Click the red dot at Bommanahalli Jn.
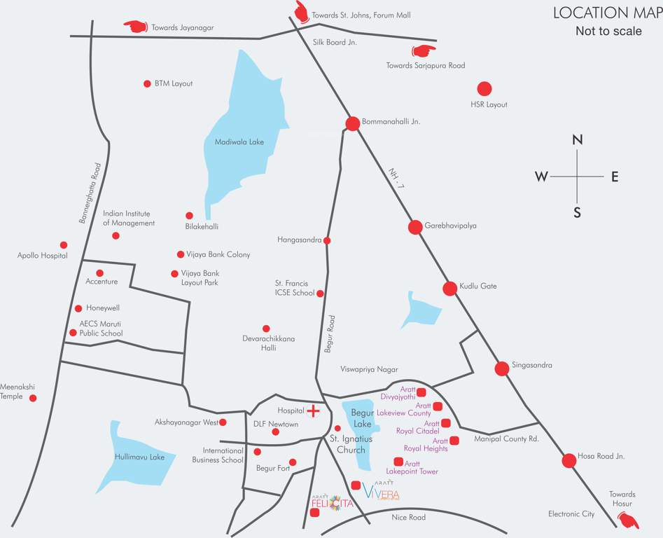[x=353, y=123]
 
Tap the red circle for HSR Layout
[x=484, y=89]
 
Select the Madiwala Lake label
[x=239, y=142]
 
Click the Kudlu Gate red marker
[x=449, y=287]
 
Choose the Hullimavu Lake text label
[x=139, y=457]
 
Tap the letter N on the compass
[x=578, y=140]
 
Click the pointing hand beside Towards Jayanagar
[x=135, y=27]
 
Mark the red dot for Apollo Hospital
[x=64, y=245]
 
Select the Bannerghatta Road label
[x=90, y=193]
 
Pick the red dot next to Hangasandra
[x=327, y=240]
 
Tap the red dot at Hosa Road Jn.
[x=568, y=460]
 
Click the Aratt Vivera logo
[x=381, y=492]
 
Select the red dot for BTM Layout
[x=147, y=84]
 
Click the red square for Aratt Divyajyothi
[x=421, y=392]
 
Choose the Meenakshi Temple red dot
[x=33, y=399]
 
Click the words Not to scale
[x=608, y=32]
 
